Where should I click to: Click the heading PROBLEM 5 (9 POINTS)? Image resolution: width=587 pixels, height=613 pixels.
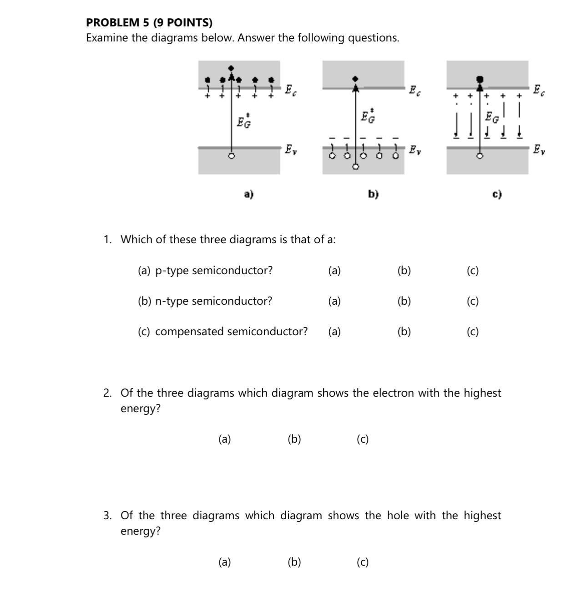[149, 23]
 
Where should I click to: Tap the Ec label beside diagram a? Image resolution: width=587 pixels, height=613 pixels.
[290, 90]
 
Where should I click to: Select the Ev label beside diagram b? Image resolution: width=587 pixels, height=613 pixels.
[415, 150]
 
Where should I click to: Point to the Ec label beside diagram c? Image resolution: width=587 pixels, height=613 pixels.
[538, 90]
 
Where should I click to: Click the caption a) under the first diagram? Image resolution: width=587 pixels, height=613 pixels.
[248, 194]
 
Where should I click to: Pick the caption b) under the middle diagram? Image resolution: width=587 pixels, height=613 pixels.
[373, 194]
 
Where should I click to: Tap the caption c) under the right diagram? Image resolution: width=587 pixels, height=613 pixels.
[497, 194]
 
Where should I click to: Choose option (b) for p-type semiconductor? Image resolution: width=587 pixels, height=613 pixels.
[404, 271]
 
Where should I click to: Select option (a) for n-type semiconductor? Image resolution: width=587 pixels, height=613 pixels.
[334, 301]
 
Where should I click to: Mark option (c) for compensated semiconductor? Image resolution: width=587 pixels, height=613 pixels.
[472, 332]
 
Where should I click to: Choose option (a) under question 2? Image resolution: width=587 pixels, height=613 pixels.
[224, 439]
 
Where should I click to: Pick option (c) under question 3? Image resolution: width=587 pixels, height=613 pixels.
[363, 562]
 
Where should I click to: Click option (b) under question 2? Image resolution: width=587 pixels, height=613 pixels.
[294, 439]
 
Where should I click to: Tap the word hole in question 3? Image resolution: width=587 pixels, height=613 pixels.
[399, 516]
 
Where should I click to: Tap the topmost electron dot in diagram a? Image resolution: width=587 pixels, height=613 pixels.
[232, 68]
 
